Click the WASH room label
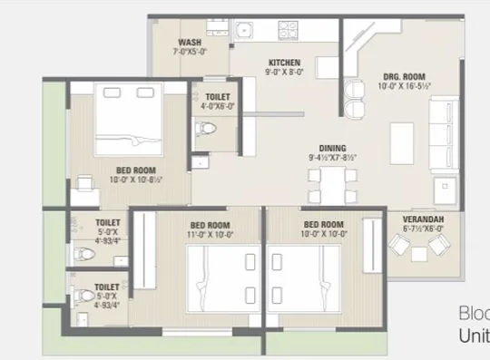[x=190, y=43]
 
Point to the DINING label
[x=331, y=148]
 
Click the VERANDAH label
[x=421, y=219]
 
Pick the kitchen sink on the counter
[x=242, y=33]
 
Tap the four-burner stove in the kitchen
[x=291, y=28]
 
